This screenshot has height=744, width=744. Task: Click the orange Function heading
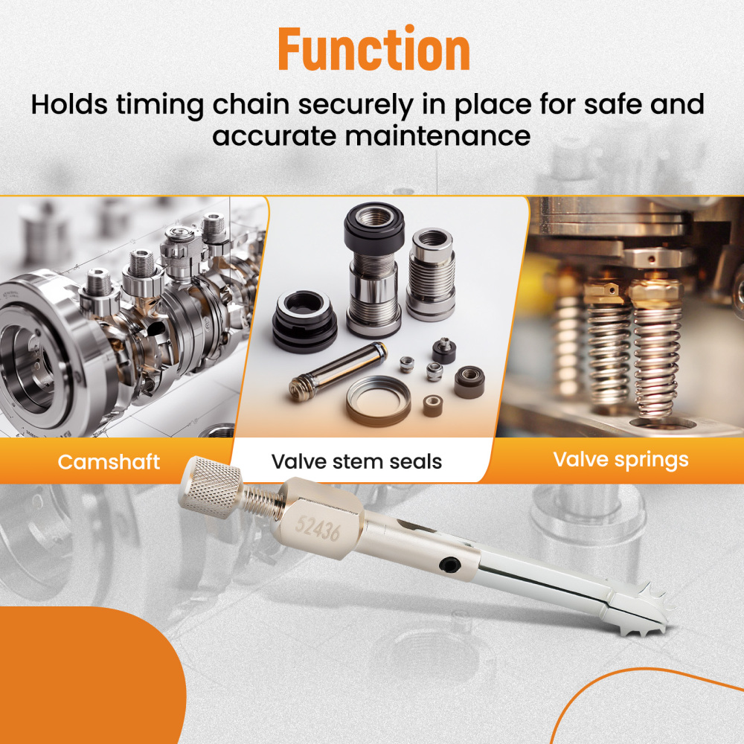[x=374, y=49]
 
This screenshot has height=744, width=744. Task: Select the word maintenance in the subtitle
[x=437, y=136]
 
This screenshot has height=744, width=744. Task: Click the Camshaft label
[x=109, y=462]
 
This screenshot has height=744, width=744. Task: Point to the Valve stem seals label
[x=356, y=462]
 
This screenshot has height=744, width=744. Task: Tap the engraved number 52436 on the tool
[x=318, y=528]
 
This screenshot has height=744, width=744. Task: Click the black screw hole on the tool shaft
[x=449, y=565]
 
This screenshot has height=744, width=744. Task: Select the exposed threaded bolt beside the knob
[x=261, y=501]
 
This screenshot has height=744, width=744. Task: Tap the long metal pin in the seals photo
[x=337, y=371]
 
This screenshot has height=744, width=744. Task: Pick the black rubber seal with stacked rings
[x=304, y=321]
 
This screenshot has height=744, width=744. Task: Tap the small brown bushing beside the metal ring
[x=433, y=406]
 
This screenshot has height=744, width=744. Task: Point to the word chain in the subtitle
[x=251, y=104]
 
